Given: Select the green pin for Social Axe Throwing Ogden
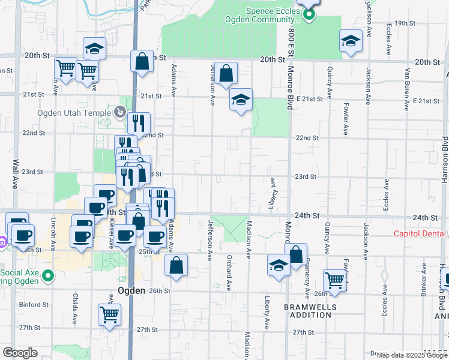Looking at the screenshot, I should pos(50,277).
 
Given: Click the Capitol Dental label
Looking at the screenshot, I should pos(420,233).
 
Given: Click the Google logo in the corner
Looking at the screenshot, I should pos(20,353).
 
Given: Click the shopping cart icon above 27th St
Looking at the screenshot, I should pos(109,314).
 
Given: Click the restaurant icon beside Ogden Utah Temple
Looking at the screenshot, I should pos(139,123).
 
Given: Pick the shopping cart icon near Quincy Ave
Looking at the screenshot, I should pos(335,280).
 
